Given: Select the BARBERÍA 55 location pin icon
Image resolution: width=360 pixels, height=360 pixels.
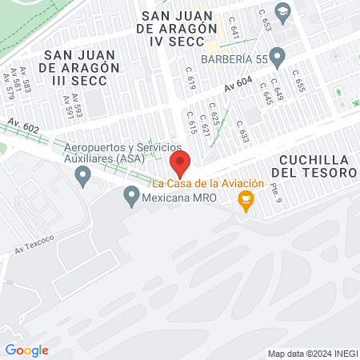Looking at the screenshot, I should (x=278, y=58).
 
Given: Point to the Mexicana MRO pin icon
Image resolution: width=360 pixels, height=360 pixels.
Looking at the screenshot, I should (x=130, y=194).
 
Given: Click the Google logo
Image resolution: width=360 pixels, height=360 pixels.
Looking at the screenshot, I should (x=26, y=350).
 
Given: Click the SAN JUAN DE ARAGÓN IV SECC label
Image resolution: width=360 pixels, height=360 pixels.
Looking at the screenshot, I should (x=178, y=28).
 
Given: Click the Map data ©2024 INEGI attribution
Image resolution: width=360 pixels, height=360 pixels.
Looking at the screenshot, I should (x=311, y=353).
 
